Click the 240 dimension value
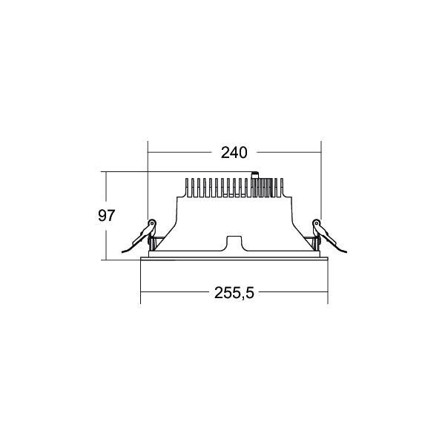coord(233,154)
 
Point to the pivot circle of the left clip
coord(153,222)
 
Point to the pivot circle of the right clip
coord(316,222)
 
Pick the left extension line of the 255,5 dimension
coord(141,282)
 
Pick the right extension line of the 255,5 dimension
coord(328,282)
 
